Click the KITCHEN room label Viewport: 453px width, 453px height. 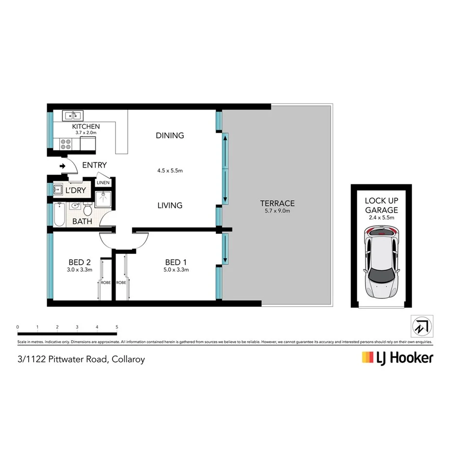86,126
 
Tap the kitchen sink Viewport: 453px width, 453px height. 72,116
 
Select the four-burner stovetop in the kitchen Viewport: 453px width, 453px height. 65,144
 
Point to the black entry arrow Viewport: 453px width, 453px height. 63,166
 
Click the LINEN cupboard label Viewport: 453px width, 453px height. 103,183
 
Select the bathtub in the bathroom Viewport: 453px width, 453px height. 59,215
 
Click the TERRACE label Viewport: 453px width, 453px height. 277,203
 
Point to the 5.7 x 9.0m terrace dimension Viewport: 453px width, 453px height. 277,211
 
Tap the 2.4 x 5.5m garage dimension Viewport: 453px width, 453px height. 382,218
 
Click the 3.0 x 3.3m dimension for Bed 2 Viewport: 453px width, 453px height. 79,269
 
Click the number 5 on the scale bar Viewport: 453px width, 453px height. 117,327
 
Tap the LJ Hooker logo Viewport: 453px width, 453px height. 397,358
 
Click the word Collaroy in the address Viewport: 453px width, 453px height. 128,360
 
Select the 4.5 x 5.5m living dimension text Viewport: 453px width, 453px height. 170,171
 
